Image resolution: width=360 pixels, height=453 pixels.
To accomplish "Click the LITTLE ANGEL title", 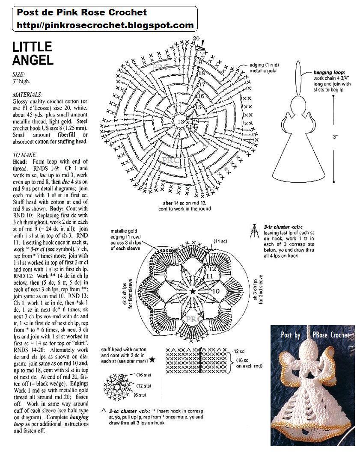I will point(32,53).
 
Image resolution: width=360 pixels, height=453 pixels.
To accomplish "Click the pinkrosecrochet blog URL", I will point(105,25).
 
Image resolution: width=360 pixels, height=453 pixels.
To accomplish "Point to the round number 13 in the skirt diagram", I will point(181,122).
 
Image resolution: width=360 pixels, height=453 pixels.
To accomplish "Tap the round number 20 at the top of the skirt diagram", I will point(196,38).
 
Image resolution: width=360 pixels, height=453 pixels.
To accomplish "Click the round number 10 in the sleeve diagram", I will point(216,291).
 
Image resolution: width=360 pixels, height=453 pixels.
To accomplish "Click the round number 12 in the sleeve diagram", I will point(212,269).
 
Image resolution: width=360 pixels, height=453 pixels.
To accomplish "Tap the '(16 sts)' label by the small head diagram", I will point(143,375).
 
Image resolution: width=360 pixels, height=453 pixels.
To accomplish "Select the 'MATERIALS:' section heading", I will point(27,94).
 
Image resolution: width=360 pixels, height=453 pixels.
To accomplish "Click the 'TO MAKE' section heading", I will point(24,155).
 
